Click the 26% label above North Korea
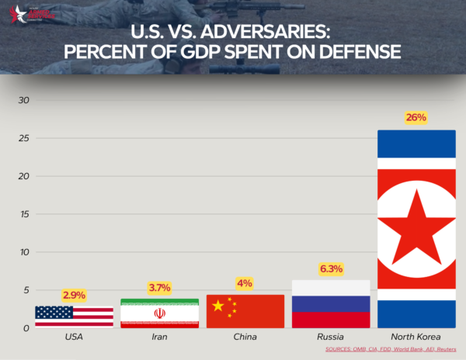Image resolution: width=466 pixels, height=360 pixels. pos(416,118)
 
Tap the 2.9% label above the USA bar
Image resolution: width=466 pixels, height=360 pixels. pos(74,295)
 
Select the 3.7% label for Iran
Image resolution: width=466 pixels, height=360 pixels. pos(159,288)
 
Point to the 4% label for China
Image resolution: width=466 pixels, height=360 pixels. pos(245,283)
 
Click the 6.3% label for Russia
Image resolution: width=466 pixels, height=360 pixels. pos(331,268)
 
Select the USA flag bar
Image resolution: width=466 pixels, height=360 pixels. pos(74,317)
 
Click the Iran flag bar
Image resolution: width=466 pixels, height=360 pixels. pos(159,313)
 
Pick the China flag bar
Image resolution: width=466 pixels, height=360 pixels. pos(245,311)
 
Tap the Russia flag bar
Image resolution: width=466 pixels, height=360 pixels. pos(331,304)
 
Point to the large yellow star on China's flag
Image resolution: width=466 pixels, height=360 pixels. pos(217,306)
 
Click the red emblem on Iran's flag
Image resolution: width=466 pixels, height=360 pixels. pos(159,313)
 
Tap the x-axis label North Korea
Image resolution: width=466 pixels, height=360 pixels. pos(416,337)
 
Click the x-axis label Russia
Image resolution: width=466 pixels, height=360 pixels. pos(331,337)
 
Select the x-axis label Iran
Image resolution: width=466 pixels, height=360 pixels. pos(159,337)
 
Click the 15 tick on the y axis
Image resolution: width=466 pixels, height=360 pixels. pos(23,215)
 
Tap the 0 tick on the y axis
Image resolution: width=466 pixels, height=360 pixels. pos(26,328)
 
